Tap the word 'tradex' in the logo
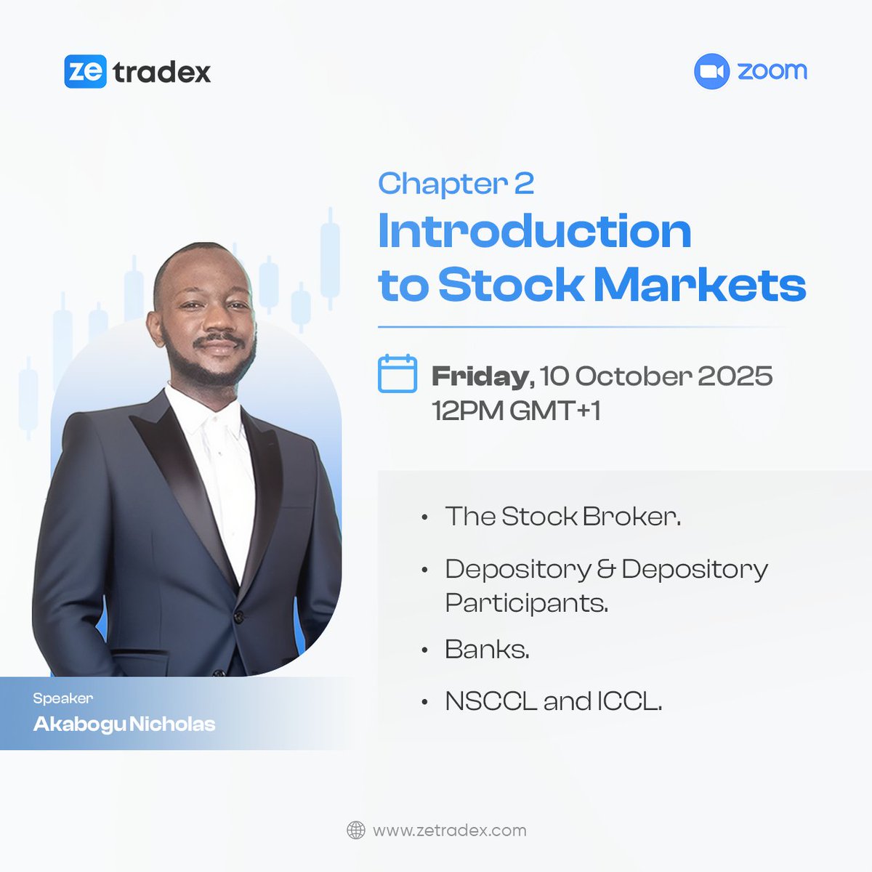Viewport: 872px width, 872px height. coord(162,72)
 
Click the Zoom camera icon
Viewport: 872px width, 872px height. coord(711,71)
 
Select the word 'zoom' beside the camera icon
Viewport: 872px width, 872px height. coord(772,71)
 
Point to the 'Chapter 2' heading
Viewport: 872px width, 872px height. coord(456,183)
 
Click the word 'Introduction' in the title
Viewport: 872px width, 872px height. coord(534,232)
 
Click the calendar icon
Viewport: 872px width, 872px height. coord(397,374)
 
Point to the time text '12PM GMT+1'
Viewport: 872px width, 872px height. coord(516,411)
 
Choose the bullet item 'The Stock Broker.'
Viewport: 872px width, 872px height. coord(562,517)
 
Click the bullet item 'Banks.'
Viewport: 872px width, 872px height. coord(487,649)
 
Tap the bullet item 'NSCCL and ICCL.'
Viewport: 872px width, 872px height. coord(553,701)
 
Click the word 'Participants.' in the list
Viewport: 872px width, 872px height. coord(526,603)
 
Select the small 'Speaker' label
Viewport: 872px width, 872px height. coord(63,698)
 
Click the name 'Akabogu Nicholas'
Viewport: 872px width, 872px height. coord(124,724)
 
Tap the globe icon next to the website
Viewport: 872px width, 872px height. coord(355,830)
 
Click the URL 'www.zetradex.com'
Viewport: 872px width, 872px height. coord(449,830)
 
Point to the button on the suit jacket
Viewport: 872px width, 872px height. coord(237,616)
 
